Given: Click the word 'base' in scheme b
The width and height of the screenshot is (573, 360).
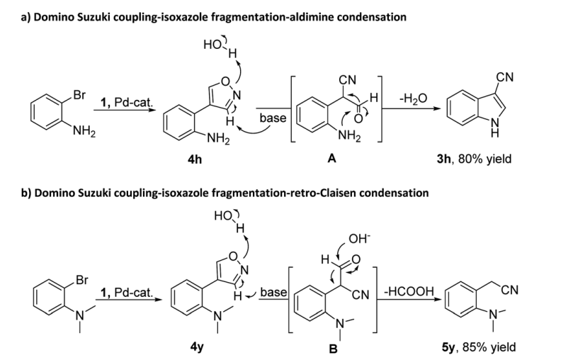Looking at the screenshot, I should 273,292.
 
